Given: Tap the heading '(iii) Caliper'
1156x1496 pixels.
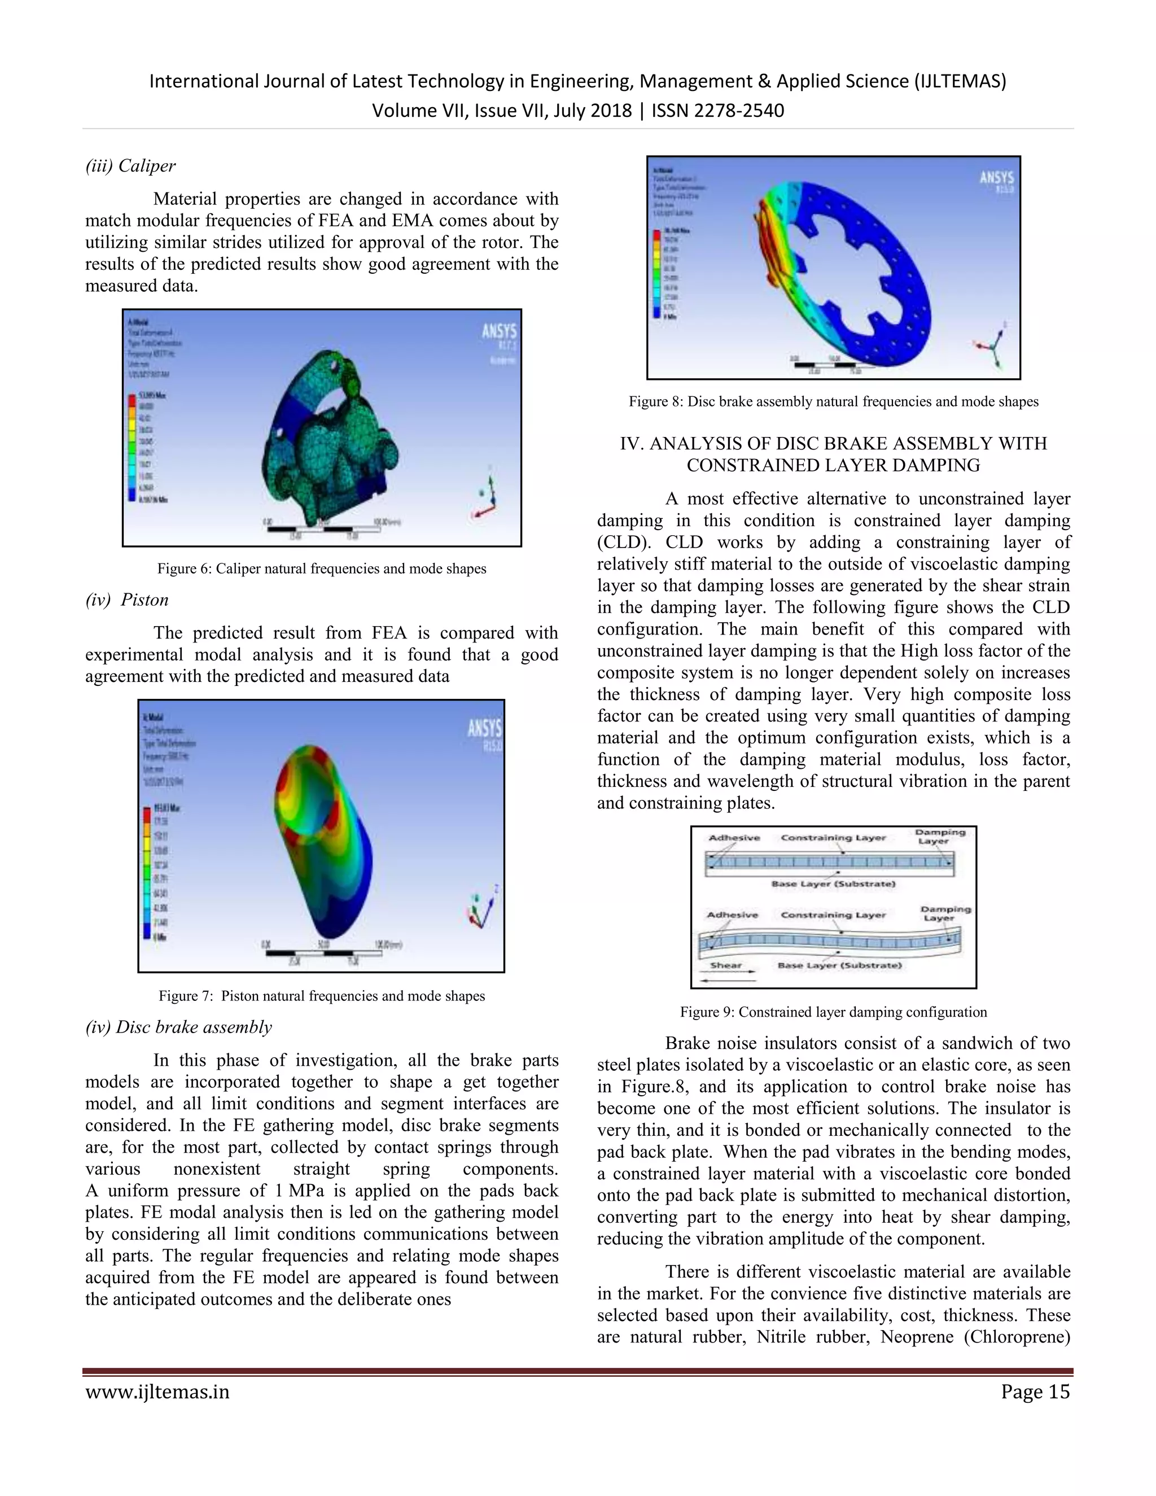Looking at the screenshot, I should click(x=130, y=166).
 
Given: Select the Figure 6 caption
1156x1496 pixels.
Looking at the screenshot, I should click(x=321, y=568).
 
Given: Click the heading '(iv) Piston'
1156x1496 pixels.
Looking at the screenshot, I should click(x=126, y=600).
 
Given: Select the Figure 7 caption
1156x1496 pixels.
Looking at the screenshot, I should click(x=321, y=996).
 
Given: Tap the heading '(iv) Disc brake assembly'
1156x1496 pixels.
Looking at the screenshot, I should click(x=178, y=1027).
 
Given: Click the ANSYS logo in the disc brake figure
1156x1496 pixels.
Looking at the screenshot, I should click(x=996, y=179).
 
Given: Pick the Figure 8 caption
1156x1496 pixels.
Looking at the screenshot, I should click(x=834, y=401).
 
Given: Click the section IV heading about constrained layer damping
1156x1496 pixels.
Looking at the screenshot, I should click(x=834, y=454).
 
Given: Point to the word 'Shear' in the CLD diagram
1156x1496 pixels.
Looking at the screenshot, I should click(x=726, y=965).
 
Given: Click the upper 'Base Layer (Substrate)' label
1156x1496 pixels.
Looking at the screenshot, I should click(x=833, y=883).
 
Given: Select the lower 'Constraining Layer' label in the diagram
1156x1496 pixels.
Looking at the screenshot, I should click(x=833, y=915).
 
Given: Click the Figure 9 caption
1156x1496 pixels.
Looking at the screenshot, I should click(x=834, y=1012).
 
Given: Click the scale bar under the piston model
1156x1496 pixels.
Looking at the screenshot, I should click(x=322, y=952).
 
